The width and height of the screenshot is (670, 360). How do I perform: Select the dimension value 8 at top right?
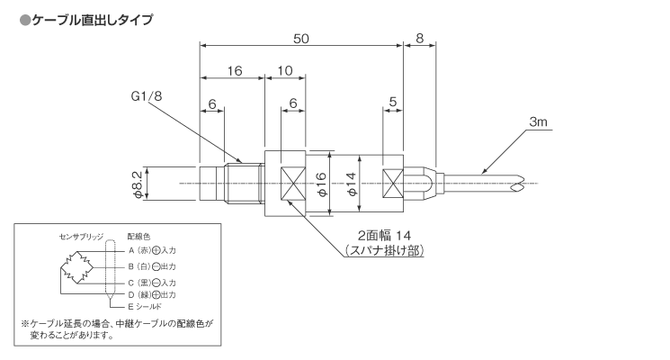pos(420,39)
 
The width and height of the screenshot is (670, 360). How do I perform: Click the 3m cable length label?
pos(540,121)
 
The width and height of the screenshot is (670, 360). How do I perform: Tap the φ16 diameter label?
pos(321,184)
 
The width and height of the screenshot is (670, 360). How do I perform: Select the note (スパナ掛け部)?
pos(383,249)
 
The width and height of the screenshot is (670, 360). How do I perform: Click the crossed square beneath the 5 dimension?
pos(392,184)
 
